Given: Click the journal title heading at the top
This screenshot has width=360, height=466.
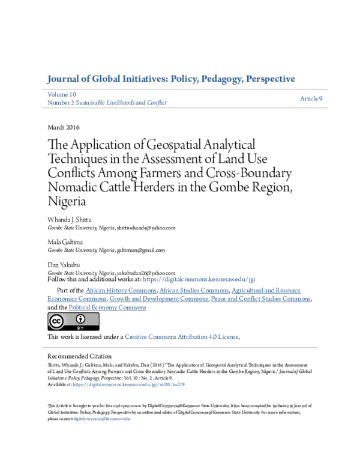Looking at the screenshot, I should [x=170, y=79].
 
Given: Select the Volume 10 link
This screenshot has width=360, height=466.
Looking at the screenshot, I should [x=62, y=95].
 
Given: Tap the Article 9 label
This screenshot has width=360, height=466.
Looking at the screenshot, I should [x=311, y=98].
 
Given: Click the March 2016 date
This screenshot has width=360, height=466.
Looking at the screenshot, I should [x=63, y=127].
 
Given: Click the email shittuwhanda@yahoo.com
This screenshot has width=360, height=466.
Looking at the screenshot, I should [x=146, y=228].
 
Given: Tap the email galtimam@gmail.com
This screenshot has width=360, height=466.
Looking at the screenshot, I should [x=140, y=250].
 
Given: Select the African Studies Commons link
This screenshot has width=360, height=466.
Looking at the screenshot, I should [x=194, y=291].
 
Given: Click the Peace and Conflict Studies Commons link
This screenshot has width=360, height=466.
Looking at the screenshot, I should [x=261, y=299].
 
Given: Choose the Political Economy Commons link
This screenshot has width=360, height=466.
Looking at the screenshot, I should [x=107, y=307].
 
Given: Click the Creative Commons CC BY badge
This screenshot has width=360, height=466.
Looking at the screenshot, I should [x=65, y=322].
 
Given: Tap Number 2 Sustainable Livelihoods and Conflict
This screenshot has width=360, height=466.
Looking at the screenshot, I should [x=107, y=103].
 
